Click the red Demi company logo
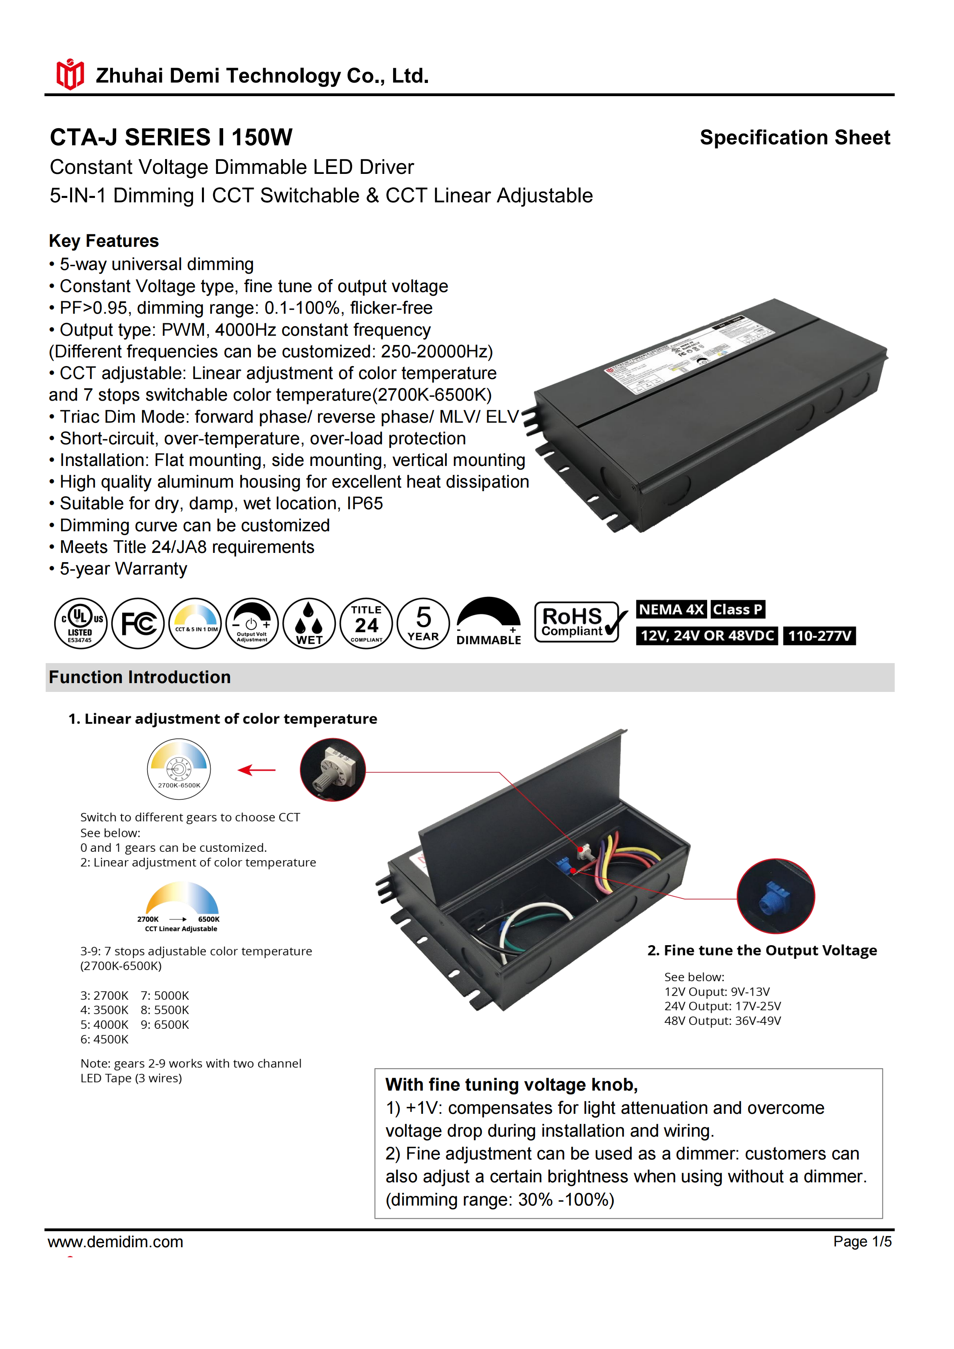click(70, 75)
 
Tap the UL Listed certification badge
click(81, 623)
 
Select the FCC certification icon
click(138, 623)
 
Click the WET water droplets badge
click(309, 623)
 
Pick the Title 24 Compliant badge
click(366, 623)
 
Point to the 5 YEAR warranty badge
click(423, 623)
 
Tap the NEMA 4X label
click(671, 609)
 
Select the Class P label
click(737, 609)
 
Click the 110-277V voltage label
click(819, 636)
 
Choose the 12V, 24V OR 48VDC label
click(707, 636)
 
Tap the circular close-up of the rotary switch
click(333, 770)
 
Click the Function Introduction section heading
click(140, 678)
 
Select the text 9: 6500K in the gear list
click(165, 1025)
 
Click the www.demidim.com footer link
click(116, 1242)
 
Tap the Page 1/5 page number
click(862, 1242)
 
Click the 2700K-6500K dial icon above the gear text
click(179, 768)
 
